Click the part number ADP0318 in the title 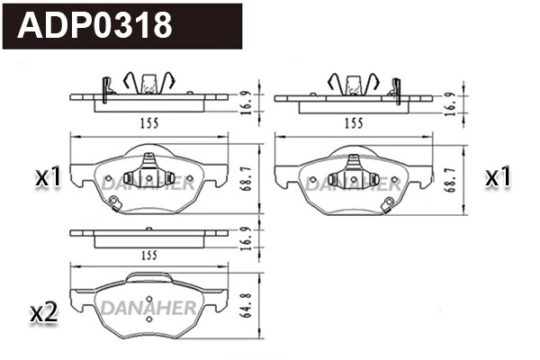(x=95, y=25)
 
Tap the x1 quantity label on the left (x=48, y=178)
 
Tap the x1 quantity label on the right (x=498, y=178)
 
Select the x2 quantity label (x=44, y=313)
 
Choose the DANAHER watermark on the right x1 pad (x=352, y=184)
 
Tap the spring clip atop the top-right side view (x=351, y=83)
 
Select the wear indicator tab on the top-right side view (x=393, y=87)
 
